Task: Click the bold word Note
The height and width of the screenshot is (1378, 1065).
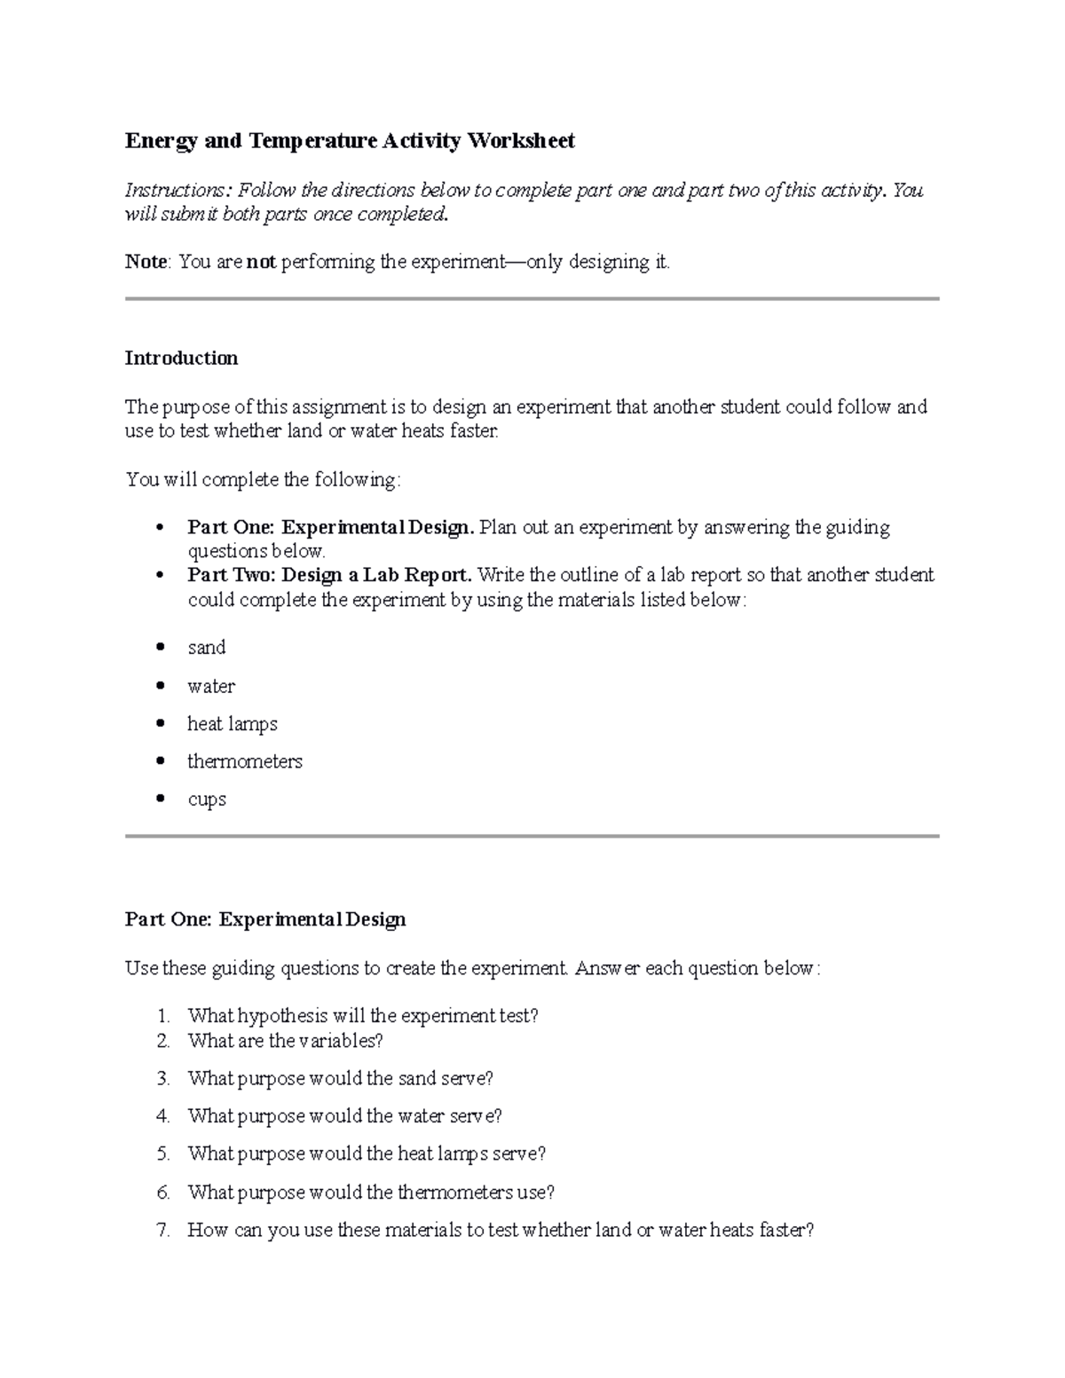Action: click(146, 262)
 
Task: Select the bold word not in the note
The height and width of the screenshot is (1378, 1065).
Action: click(261, 262)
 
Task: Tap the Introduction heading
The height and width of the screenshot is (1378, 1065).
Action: click(181, 358)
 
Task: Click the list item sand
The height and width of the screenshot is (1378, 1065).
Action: click(206, 648)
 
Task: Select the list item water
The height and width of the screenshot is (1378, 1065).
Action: click(210, 686)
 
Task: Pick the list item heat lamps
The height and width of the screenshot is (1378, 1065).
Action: click(232, 724)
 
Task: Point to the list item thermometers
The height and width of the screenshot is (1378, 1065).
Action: click(244, 761)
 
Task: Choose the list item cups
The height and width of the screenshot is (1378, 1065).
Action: click(206, 799)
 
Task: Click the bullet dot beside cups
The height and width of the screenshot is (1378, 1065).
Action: click(161, 799)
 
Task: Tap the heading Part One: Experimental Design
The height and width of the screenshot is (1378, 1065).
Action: click(265, 919)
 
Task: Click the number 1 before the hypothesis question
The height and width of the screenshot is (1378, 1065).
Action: click(162, 1016)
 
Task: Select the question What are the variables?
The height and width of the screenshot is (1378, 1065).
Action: click(285, 1041)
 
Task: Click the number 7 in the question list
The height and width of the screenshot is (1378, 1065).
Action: click(162, 1231)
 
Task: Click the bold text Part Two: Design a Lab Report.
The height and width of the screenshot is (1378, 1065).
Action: click(329, 575)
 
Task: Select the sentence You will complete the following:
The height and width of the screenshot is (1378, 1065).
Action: click(263, 480)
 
